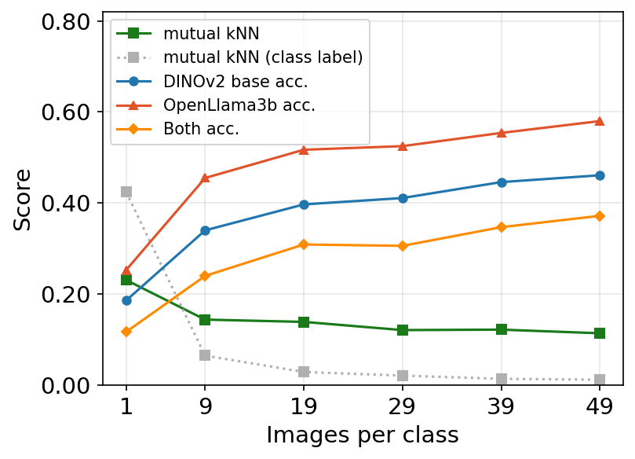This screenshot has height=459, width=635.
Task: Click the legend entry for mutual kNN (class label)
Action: tap(262, 57)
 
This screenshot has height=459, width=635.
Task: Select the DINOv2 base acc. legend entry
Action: tap(235, 81)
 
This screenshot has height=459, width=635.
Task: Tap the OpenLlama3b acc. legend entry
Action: tap(239, 105)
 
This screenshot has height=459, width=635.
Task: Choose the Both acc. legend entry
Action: tap(201, 130)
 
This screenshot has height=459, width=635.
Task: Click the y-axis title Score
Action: tap(24, 200)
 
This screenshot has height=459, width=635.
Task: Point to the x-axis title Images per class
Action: tap(362, 435)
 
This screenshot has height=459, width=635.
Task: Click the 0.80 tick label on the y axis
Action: tap(69, 21)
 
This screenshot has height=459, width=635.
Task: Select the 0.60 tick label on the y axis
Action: tap(69, 112)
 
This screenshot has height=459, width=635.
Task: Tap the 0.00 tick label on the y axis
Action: tap(69, 385)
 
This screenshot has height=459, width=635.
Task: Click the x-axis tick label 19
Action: tap(304, 407)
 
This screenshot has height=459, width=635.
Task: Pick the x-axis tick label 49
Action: tap(600, 407)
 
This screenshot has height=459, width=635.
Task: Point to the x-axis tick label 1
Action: tap(126, 407)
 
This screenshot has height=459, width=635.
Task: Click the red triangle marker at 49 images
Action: tap(600, 121)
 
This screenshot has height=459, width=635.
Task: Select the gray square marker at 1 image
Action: tap(126, 192)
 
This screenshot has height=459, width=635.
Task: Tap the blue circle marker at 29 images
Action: tap(403, 198)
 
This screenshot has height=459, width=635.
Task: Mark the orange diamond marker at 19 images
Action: tap(304, 244)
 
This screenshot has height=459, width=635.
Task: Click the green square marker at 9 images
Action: tap(205, 320)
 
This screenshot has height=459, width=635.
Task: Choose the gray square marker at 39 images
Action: tap(502, 379)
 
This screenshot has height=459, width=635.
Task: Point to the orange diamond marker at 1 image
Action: tap(126, 332)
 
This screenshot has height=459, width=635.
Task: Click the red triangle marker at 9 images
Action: tap(205, 178)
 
